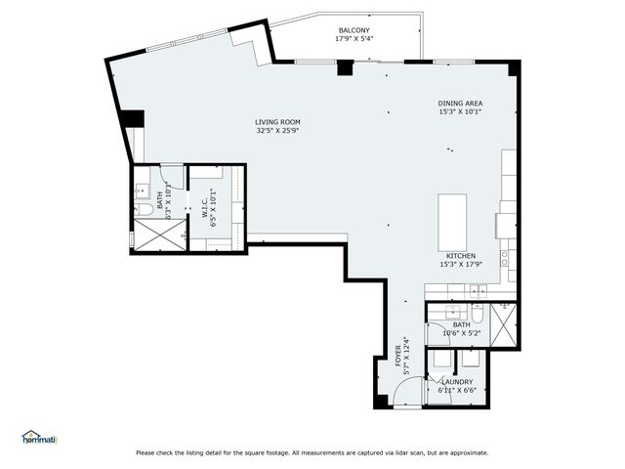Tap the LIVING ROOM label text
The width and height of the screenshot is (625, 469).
276,120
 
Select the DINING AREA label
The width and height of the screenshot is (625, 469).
461,103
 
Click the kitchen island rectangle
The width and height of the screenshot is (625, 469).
452,223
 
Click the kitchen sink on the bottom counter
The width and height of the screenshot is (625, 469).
479,290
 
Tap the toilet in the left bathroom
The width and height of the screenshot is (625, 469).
145,208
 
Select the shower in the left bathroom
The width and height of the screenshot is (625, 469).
156,235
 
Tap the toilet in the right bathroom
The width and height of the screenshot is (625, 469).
477,314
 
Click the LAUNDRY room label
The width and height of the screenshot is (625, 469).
457,382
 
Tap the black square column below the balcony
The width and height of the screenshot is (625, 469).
344,68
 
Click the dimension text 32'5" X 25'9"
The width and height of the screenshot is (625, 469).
276,130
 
